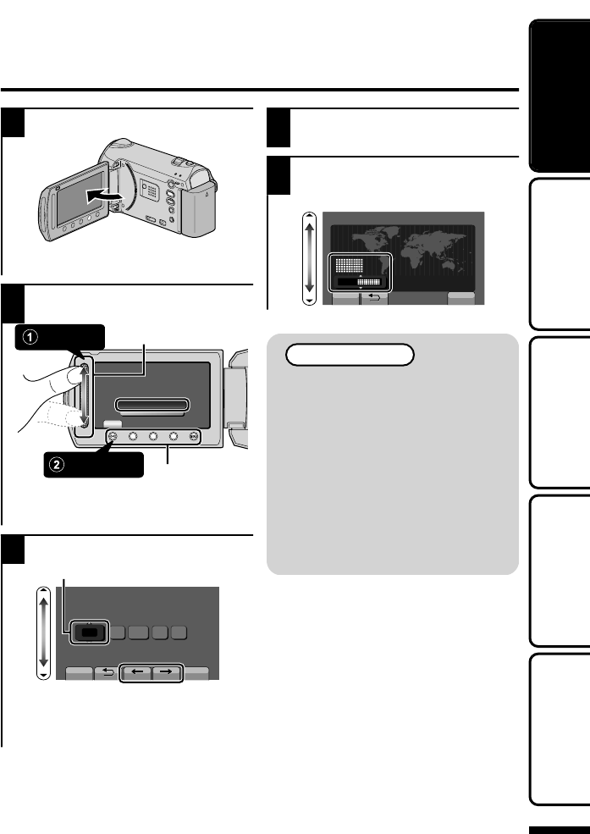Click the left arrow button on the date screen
tap(135, 674)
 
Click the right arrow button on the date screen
tap(168, 674)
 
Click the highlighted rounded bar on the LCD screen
tap(152, 406)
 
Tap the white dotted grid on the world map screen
tap(347, 264)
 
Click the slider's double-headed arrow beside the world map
tap(310, 258)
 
